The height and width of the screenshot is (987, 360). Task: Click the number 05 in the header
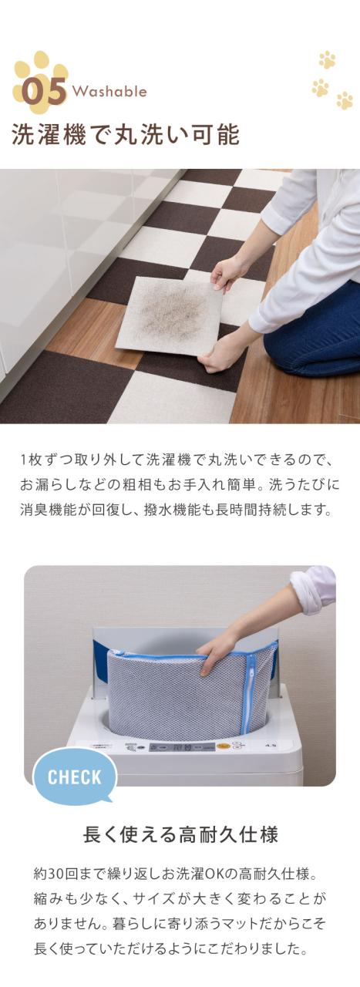44,91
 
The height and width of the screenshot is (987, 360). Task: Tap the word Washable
109,92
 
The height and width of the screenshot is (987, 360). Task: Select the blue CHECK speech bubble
75,776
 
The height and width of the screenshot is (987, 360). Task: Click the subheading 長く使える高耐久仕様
180,834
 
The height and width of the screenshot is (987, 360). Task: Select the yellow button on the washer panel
224,746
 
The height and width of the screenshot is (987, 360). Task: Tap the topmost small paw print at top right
327,59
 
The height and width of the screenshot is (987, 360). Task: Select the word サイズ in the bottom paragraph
168,899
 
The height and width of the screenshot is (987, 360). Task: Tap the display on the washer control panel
170,747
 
